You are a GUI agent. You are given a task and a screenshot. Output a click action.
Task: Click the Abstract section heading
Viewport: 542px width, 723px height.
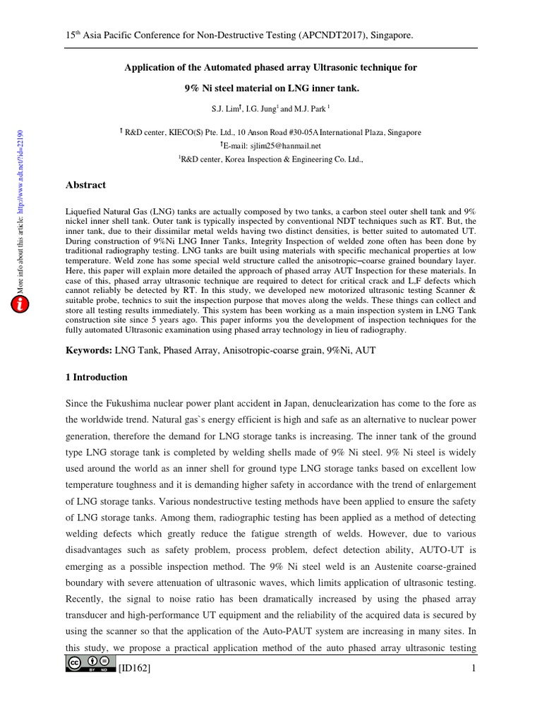[85, 185]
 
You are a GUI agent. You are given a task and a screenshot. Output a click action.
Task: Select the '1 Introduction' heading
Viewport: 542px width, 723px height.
[97, 377]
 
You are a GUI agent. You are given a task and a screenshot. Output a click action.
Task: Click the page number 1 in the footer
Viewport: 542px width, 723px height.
[474, 669]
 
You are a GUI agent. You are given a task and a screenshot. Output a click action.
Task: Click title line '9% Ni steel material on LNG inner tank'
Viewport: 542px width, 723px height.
[271, 88]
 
